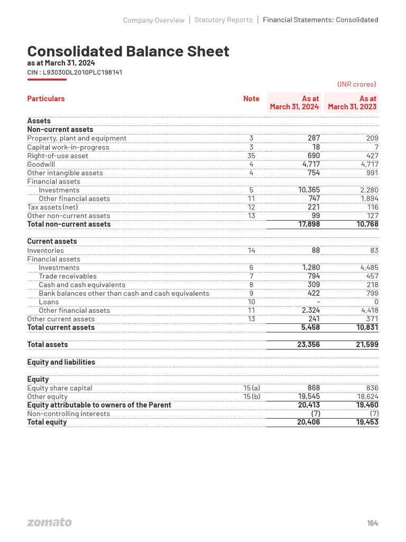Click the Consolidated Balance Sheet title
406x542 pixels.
(x=128, y=51)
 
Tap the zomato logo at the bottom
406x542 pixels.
(x=49, y=522)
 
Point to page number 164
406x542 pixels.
(x=372, y=523)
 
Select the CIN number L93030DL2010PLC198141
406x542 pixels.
(x=75, y=72)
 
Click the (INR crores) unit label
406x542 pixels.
(x=356, y=84)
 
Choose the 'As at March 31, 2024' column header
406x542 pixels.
(x=294, y=103)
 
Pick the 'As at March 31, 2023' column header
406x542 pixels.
(x=352, y=103)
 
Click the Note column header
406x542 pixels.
(x=251, y=98)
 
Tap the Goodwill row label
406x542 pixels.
(x=41, y=165)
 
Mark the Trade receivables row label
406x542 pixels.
(x=68, y=276)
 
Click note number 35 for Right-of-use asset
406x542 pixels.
(x=251, y=156)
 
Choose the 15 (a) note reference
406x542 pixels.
(x=251, y=388)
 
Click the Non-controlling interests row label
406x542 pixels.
(x=69, y=413)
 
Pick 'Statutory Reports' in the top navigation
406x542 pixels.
(x=223, y=20)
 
